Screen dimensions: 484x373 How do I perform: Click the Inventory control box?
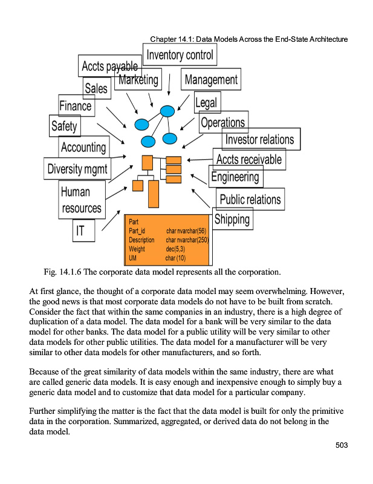click(183, 55)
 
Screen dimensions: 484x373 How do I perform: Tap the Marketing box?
click(138, 79)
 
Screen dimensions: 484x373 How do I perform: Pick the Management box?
click(210, 79)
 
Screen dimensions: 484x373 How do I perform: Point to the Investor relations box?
click(260, 139)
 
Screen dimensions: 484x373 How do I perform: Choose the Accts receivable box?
click(249, 160)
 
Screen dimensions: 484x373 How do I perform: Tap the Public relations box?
click(250, 199)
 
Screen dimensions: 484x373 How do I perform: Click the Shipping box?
click(232, 218)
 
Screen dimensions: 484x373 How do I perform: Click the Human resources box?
click(82, 200)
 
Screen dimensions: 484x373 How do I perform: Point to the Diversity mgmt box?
click(77, 169)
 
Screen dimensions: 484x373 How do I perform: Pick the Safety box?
click(64, 126)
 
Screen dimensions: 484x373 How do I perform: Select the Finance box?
click(76, 106)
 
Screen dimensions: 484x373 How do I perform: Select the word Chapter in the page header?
click(163, 39)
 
